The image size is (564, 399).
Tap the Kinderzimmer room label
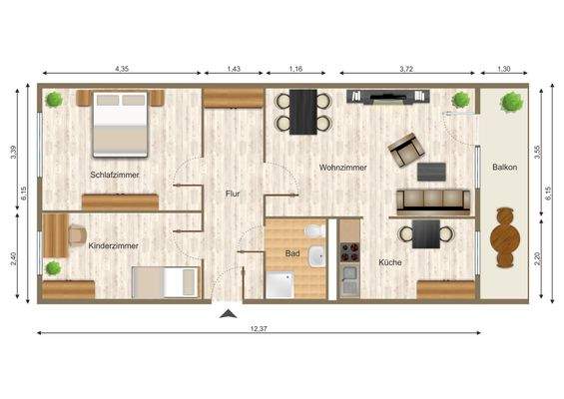(x=113, y=244)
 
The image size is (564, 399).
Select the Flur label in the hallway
(x=233, y=194)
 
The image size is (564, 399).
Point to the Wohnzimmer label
(x=342, y=168)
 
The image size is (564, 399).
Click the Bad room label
(x=292, y=253)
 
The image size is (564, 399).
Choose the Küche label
(x=389, y=262)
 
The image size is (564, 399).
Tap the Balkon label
(x=504, y=168)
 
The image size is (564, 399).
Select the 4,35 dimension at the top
(x=122, y=69)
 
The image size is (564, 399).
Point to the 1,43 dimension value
(x=234, y=69)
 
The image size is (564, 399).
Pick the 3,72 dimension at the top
(x=405, y=69)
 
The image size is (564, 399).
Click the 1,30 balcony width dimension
(x=503, y=69)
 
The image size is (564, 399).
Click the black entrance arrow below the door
(x=229, y=315)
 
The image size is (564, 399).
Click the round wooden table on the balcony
(x=505, y=236)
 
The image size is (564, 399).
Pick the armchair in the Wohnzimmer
(x=406, y=150)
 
